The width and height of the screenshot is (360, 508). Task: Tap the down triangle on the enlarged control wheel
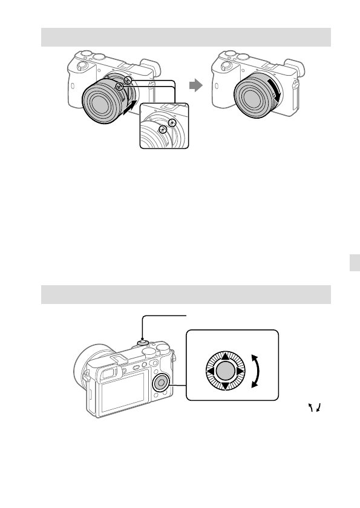click(224, 386)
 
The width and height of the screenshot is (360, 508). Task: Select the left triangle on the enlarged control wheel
click(210, 371)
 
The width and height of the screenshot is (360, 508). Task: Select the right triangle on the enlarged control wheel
click(239, 371)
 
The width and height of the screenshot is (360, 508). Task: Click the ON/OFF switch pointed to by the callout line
click(142, 341)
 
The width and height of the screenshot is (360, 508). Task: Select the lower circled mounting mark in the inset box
click(162, 130)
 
